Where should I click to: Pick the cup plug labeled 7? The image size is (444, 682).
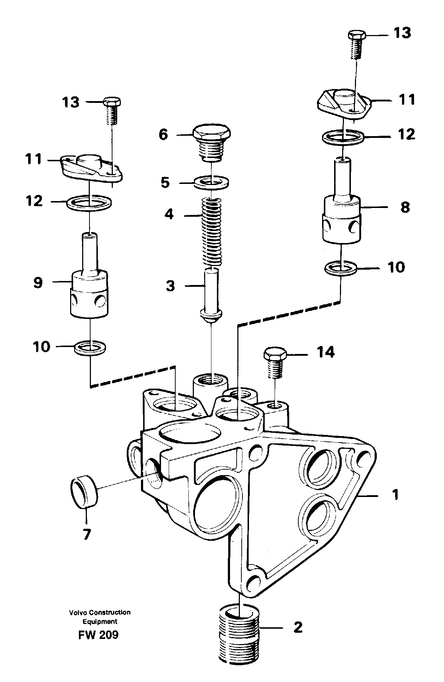pyautogui.click(x=84, y=492)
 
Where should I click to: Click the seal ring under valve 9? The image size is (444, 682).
pyautogui.click(x=90, y=347)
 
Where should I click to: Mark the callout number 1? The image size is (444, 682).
pyautogui.click(x=395, y=495)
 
